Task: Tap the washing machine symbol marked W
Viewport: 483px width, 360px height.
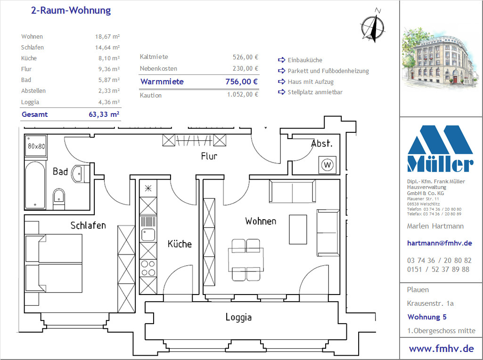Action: tap(327, 165)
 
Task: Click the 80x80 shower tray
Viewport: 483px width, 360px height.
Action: tap(36, 146)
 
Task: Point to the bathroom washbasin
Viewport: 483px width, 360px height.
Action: tap(80, 174)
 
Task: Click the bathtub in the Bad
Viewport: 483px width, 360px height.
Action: tap(35, 185)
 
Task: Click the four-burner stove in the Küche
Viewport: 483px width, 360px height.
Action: tap(148, 268)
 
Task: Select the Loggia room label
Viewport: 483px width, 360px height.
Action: tap(238, 317)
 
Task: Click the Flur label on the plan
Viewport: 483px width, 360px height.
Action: tap(209, 156)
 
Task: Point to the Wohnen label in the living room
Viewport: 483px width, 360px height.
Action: tap(261, 221)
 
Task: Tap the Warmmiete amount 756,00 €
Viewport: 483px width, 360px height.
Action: tap(241, 82)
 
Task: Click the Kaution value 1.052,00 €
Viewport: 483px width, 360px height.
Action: tap(243, 95)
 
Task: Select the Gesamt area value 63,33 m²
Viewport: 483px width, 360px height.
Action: tap(104, 114)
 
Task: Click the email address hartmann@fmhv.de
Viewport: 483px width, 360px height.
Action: tap(440, 243)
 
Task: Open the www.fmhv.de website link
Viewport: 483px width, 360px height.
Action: tap(442, 349)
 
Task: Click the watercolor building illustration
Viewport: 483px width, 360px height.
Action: tap(440, 58)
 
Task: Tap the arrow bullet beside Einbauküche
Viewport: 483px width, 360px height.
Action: tap(281, 60)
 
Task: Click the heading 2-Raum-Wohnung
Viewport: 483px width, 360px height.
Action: tap(71, 10)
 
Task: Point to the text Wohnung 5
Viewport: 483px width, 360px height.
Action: tap(426, 317)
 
